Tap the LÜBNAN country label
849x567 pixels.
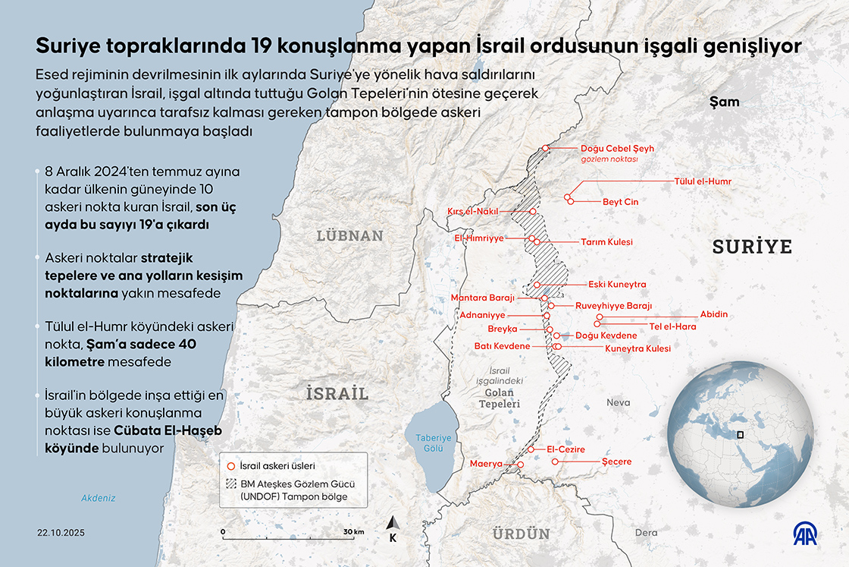click(x=350, y=235)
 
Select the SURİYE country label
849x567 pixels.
click(x=751, y=247)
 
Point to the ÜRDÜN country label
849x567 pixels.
click(x=521, y=534)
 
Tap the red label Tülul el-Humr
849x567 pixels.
click(x=703, y=181)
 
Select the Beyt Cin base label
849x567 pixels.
click(x=620, y=202)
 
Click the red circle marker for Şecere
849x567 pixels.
click(x=555, y=461)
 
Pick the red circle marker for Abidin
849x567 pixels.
click(x=600, y=317)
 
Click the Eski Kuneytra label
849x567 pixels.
click(x=617, y=285)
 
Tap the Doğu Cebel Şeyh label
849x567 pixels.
click(x=616, y=149)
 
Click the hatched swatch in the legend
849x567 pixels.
click(x=230, y=484)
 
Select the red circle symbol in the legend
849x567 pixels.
click(x=230, y=465)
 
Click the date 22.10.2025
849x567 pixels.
click(x=60, y=533)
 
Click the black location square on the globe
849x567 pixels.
click(x=741, y=435)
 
